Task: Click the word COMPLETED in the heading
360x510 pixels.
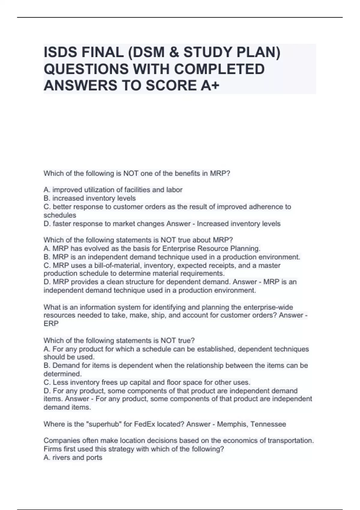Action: click(219, 69)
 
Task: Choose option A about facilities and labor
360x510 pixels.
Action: click(113, 190)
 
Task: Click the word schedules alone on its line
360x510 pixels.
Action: click(60, 215)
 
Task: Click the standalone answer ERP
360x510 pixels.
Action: click(51, 323)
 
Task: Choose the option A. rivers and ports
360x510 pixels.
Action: click(73, 457)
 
